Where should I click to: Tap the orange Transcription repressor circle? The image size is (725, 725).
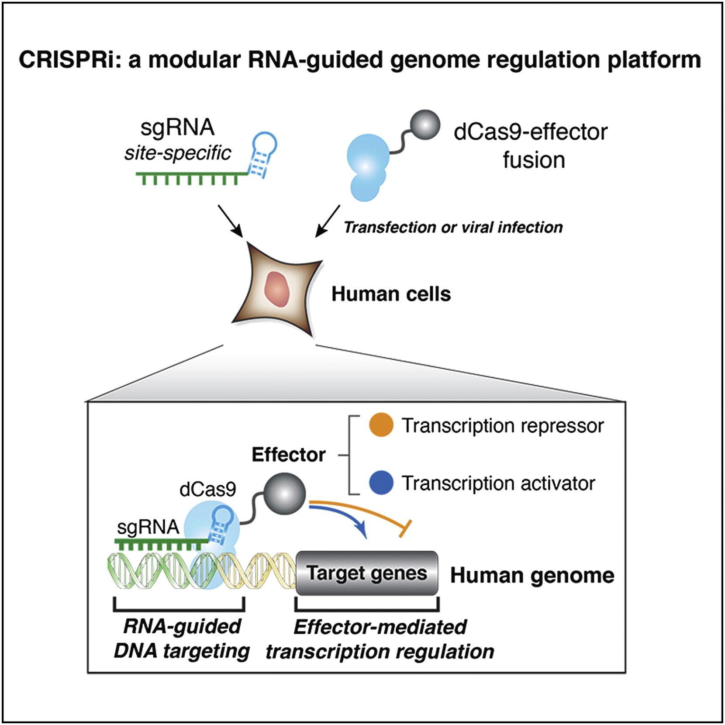(x=381, y=425)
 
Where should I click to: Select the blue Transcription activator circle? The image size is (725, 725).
(x=381, y=483)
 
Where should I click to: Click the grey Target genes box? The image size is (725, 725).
(x=367, y=573)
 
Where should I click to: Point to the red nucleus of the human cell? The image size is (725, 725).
(x=276, y=289)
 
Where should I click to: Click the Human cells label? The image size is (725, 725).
(x=391, y=294)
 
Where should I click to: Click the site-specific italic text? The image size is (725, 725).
(x=177, y=153)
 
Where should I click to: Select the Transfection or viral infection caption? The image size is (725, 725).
(x=453, y=228)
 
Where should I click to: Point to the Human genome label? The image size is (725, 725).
(x=532, y=576)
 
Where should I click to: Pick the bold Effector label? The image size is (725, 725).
(x=288, y=455)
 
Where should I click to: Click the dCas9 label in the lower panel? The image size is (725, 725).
(x=207, y=490)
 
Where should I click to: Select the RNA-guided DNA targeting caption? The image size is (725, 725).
(x=181, y=639)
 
